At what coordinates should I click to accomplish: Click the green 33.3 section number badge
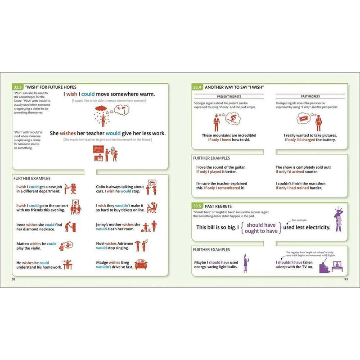click(18, 87)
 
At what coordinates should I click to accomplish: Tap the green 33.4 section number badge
click(197, 87)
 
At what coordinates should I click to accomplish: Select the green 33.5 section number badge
click(197, 206)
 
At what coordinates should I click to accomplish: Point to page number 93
click(346, 279)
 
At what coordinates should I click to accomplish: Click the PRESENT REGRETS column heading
click(229, 96)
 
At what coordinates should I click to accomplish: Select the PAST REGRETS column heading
click(310, 96)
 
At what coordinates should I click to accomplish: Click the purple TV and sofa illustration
click(331, 267)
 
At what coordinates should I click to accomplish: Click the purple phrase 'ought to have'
click(261, 231)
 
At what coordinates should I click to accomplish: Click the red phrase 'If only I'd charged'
click(300, 140)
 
